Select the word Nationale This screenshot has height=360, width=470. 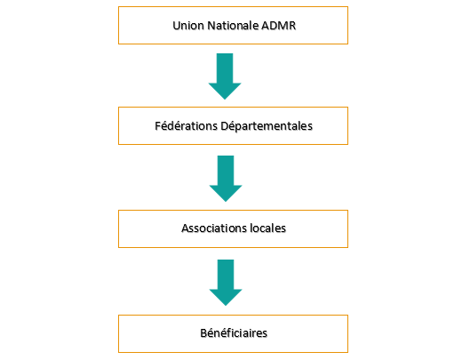(x=233, y=26)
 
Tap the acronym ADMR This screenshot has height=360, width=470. (x=278, y=26)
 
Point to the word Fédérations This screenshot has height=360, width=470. (x=187, y=126)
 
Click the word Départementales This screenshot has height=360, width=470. (x=267, y=126)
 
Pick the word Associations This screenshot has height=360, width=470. (x=214, y=228)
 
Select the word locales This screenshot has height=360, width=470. (x=268, y=228)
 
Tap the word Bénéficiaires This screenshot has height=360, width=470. (x=234, y=333)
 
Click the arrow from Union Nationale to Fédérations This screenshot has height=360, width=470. (x=225, y=76)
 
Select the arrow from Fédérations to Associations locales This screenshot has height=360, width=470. (x=226, y=179)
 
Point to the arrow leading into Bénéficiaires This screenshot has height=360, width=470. (x=226, y=283)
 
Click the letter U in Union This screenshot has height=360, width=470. (x=176, y=26)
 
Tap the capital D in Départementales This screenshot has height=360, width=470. (x=225, y=126)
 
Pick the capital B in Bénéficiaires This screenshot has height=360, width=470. (x=203, y=333)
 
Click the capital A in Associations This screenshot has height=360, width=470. (x=186, y=228)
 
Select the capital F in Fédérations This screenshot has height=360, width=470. (x=158, y=126)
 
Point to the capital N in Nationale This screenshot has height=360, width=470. (x=211, y=26)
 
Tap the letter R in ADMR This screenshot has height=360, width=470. (x=292, y=26)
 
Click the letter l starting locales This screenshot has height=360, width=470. (x=251, y=228)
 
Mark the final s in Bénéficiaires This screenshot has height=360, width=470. (x=265, y=334)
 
